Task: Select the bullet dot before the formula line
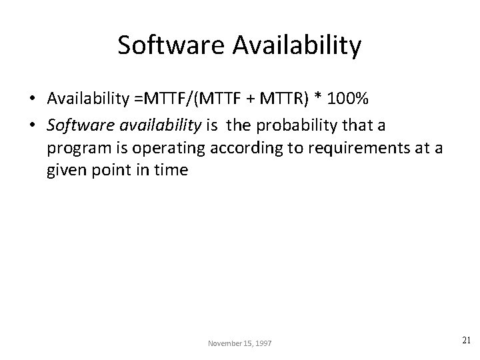pyautogui.click(x=32, y=99)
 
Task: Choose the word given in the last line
pyautogui.click(x=65, y=169)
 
